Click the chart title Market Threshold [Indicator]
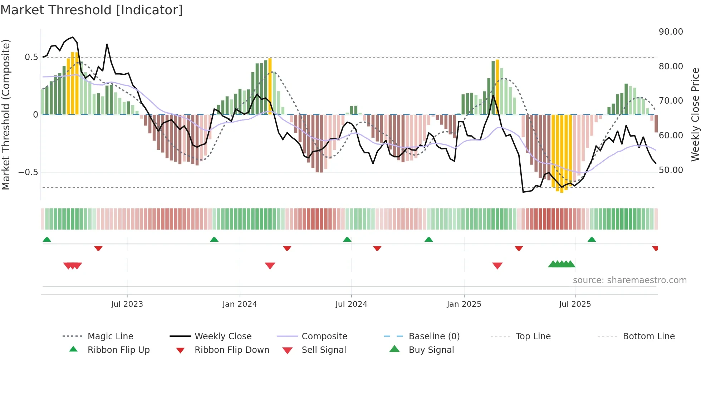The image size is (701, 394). [x=92, y=10]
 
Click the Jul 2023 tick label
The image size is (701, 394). [x=127, y=304]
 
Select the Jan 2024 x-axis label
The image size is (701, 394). [x=240, y=304]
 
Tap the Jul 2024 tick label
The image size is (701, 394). [x=351, y=304]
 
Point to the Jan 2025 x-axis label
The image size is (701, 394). [x=464, y=304]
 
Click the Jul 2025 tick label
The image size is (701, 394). [x=575, y=304]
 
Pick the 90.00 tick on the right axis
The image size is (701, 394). [x=671, y=32]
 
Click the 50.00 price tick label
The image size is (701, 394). [x=671, y=170]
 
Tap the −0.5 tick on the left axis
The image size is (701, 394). [x=28, y=172]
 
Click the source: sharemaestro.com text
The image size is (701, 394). [x=629, y=280]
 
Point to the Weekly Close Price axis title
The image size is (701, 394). [x=695, y=114]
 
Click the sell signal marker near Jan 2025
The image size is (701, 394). [x=497, y=266]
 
